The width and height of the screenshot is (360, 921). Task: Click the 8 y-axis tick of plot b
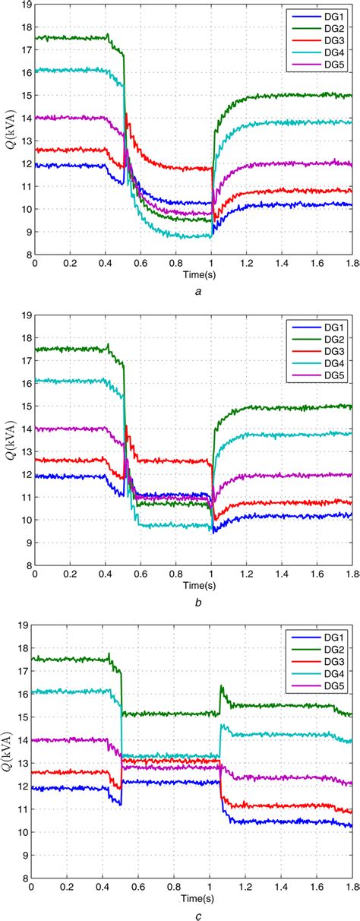pos(27,565)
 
